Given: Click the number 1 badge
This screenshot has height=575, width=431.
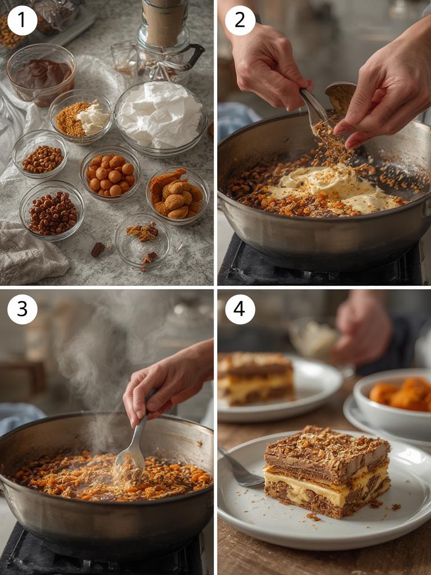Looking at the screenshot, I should [x=22, y=20].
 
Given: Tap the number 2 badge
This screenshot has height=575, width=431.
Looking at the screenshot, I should [x=240, y=20].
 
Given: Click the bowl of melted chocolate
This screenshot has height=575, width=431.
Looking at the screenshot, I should [x=41, y=75].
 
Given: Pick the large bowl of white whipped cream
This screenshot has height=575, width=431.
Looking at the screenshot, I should [x=161, y=116].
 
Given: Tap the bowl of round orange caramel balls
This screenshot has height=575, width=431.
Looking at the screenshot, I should [x=111, y=174].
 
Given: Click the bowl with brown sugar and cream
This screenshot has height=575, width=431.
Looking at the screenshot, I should [x=80, y=116].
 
